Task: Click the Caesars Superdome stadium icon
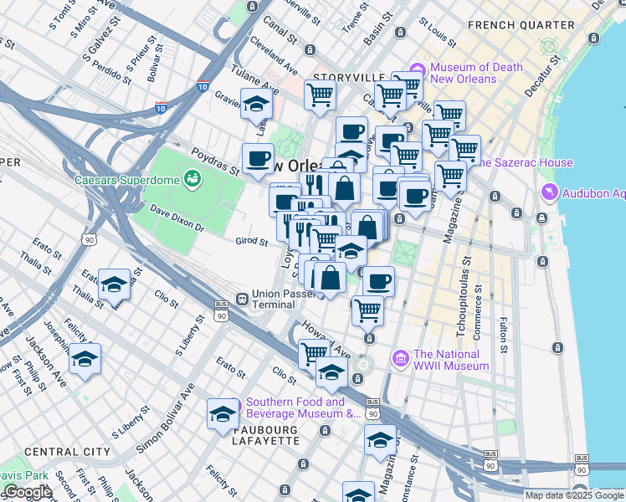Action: [x=193, y=178]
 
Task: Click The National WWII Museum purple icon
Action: [x=401, y=359]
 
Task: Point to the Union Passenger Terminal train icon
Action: [x=241, y=299]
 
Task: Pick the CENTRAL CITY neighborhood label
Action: [x=68, y=452]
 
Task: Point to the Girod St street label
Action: [x=250, y=243]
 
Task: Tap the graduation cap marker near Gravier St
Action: [x=255, y=105]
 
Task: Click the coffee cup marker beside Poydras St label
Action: [x=259, y=157]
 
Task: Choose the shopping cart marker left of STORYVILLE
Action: [x=319, y=95]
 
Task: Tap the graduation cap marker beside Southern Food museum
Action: [x=222, y=414]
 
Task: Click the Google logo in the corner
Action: [x=27, y=492]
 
